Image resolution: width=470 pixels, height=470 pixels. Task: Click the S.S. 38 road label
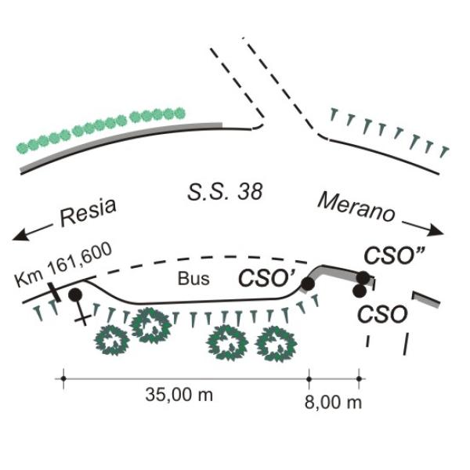tap(225, 191)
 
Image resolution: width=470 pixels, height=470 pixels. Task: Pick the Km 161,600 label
tap(64, 263)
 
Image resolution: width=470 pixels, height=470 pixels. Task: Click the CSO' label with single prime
tap(266, 277)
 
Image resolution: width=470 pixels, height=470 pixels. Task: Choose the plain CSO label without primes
tap(382, 315)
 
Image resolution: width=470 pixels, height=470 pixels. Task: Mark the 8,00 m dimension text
tap(333, 403)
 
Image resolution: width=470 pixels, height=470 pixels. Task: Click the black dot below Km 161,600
tap(75, 295)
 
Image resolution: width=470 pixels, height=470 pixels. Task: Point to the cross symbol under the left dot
tap(80, 316)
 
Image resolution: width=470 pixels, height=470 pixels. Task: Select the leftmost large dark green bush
tap(111, 338)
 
